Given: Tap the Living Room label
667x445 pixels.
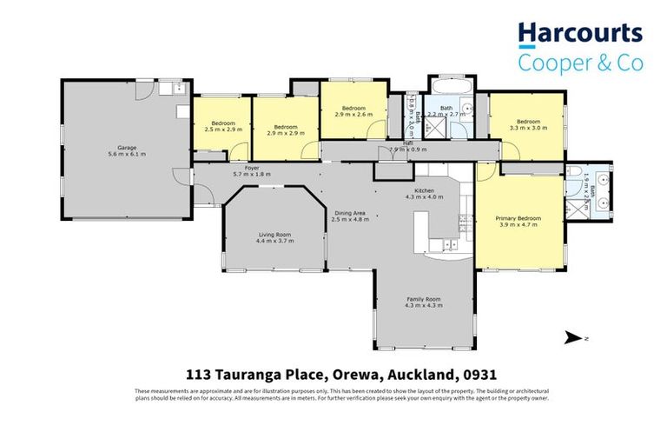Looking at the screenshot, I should click(x=274, y=236).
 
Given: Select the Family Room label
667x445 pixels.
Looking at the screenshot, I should click(x=425, y=302).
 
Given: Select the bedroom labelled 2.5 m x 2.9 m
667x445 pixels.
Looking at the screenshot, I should click(x=220, y=126).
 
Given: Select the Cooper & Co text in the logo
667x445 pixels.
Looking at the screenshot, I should click(x=580, y=63).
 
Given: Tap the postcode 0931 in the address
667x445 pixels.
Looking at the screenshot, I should click(x=480, y=375).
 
